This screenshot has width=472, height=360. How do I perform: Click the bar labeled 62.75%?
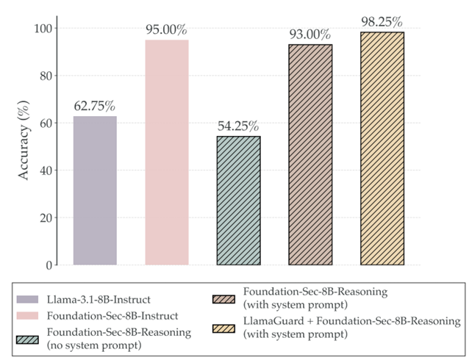tap(95, 190)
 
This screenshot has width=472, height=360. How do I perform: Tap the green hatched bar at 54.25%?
tap(238, 201)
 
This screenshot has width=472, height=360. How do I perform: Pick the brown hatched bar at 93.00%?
tap(310, 154)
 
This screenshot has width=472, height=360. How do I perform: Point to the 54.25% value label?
tap(238, 125)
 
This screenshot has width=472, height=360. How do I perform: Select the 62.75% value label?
tap(95, 105)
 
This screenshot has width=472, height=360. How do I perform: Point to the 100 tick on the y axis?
tap(46, 29)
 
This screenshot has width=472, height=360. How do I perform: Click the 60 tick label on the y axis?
tap(49, 123)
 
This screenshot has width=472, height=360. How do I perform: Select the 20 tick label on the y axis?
tap(49, 218)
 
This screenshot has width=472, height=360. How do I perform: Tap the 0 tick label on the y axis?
tap(52, 265)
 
